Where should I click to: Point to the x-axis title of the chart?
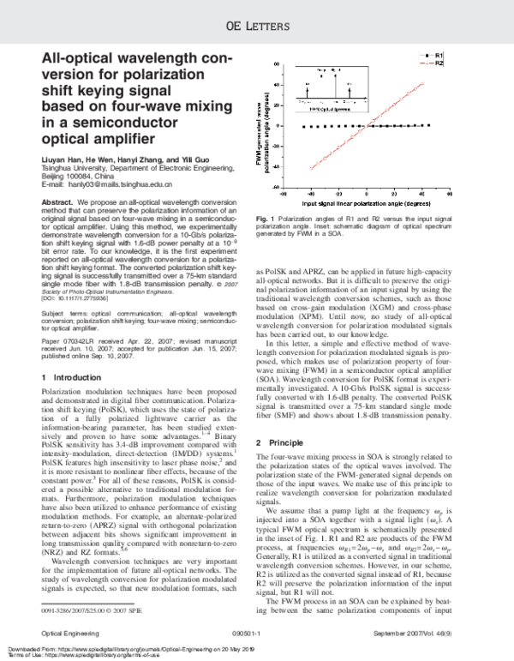[376, 204]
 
